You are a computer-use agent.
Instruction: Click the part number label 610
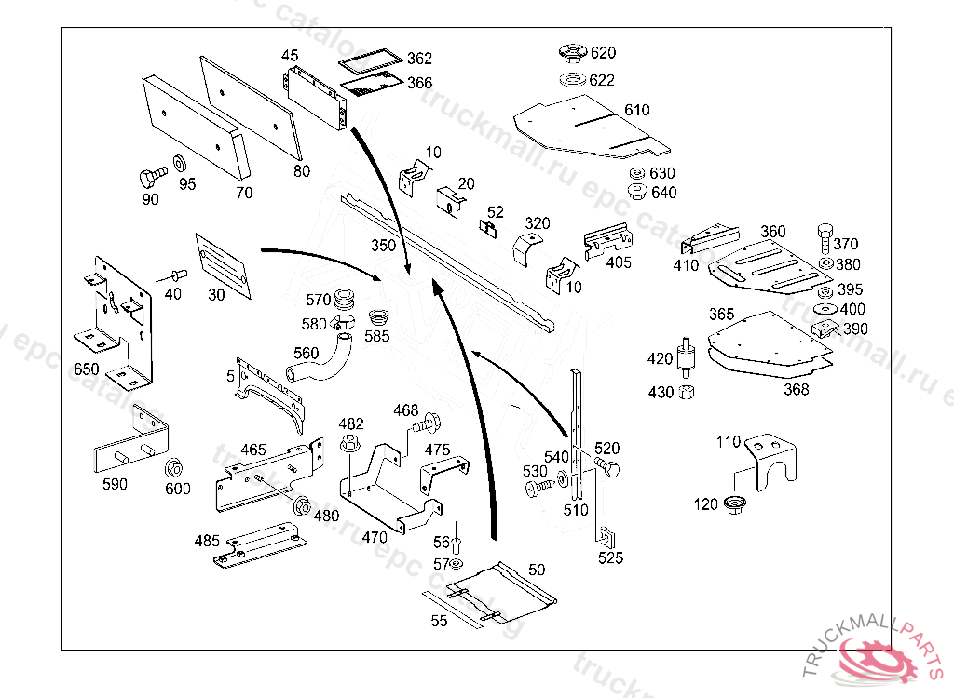[x=637, y=111]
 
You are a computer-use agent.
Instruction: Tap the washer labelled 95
[x=179, y=165]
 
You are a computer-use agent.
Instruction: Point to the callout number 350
[x=383, y=247]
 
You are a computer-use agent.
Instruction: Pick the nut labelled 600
[x=172, y=467]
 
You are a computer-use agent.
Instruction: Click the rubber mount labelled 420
[x=688, y=357]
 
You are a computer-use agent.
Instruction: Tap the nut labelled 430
[x=687, y=392]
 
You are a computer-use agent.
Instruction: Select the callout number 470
[x=375, y=537]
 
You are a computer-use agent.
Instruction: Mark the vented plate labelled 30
[x=224, y=267]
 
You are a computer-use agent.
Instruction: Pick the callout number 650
[x=87, y=369]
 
